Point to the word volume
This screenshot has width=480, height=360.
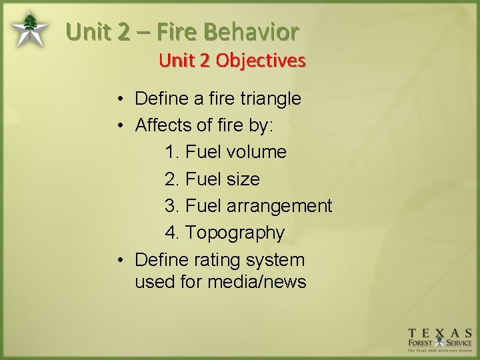256,153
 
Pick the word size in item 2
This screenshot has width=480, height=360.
243,179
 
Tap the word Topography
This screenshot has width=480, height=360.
235,233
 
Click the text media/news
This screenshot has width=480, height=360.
257,282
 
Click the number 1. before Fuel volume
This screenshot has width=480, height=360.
172,153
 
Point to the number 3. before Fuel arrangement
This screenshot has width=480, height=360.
172,206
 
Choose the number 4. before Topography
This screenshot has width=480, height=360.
172,233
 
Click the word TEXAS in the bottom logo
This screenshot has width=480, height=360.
441,333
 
